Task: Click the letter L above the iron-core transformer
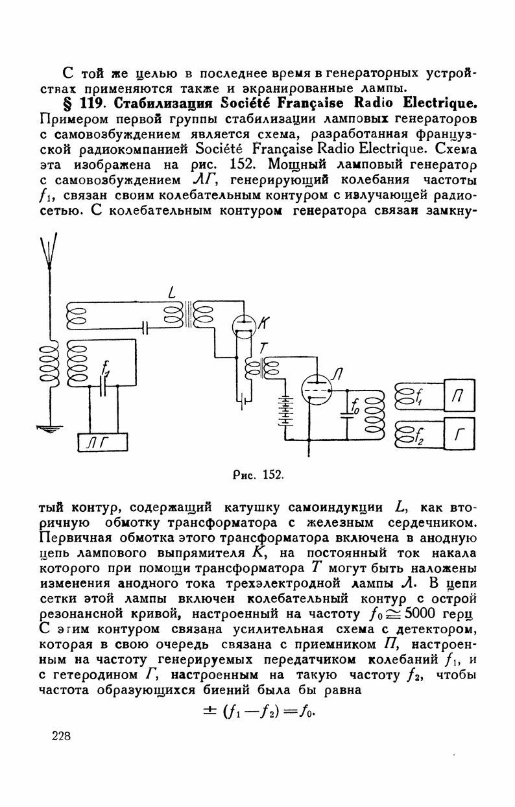click(171, 293)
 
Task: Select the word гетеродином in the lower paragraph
click(98, 676)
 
